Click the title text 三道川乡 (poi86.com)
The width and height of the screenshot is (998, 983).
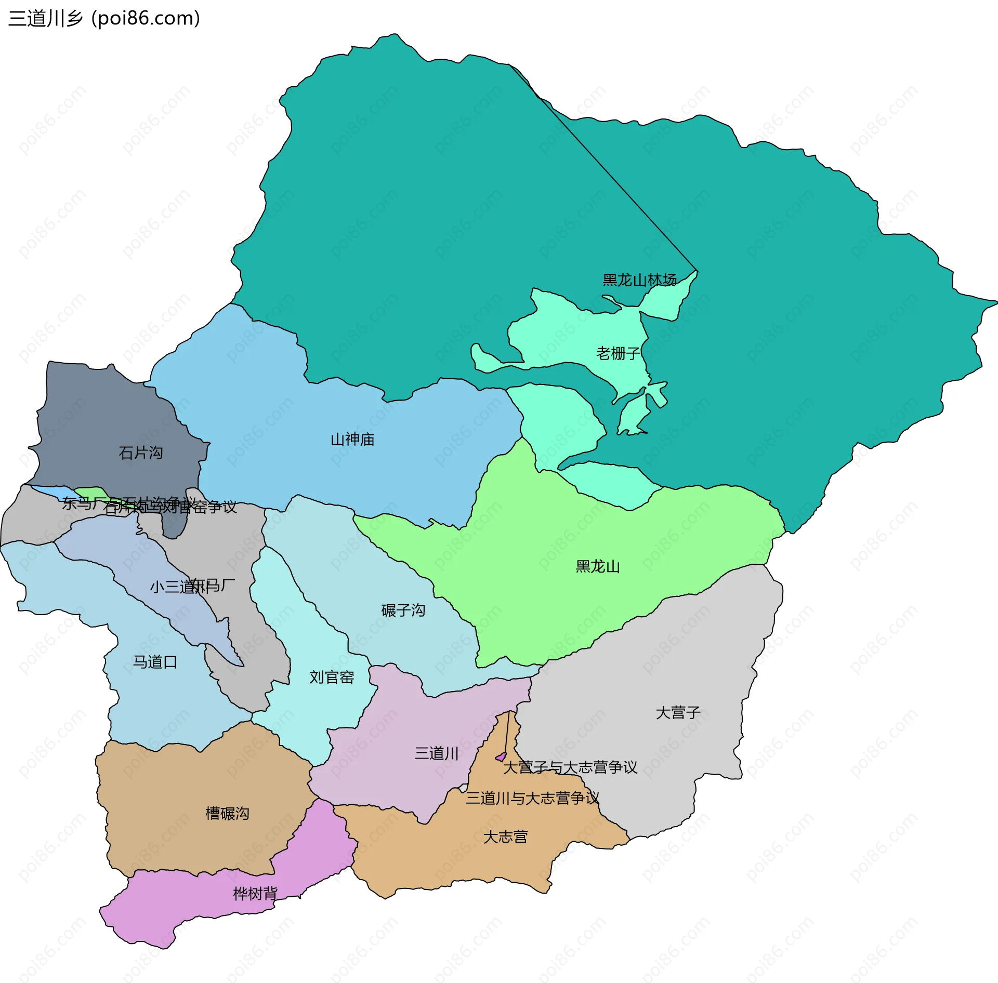[x=104, y=19]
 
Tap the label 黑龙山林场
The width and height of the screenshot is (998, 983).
[x=639, y=280]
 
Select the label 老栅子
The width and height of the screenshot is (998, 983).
[x=618, y=353]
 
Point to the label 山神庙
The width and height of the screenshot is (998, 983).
[x=352, y=440]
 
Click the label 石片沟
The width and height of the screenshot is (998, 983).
[x=141, y=453]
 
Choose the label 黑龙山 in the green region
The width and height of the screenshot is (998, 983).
[x=598, y=566]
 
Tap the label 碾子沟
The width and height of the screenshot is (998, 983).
[x=403, y=610]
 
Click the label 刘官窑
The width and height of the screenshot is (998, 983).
[x=332, y=677]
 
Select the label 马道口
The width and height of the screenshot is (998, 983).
[x=155, y=662]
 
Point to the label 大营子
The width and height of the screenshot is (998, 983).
[x=678, y=712]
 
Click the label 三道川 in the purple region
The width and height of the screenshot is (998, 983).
[x=437, y=753]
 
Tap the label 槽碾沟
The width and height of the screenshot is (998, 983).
[x=227, y=813]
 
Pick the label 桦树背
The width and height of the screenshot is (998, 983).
[x=255, y=894]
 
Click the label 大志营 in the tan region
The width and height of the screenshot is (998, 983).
[x=505, y=837]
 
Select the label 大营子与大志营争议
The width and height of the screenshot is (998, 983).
[x=570, y=767]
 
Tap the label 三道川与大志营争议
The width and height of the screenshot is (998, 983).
[x=532, y=798]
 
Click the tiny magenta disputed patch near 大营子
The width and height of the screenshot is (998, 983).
[x=501, y=757]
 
